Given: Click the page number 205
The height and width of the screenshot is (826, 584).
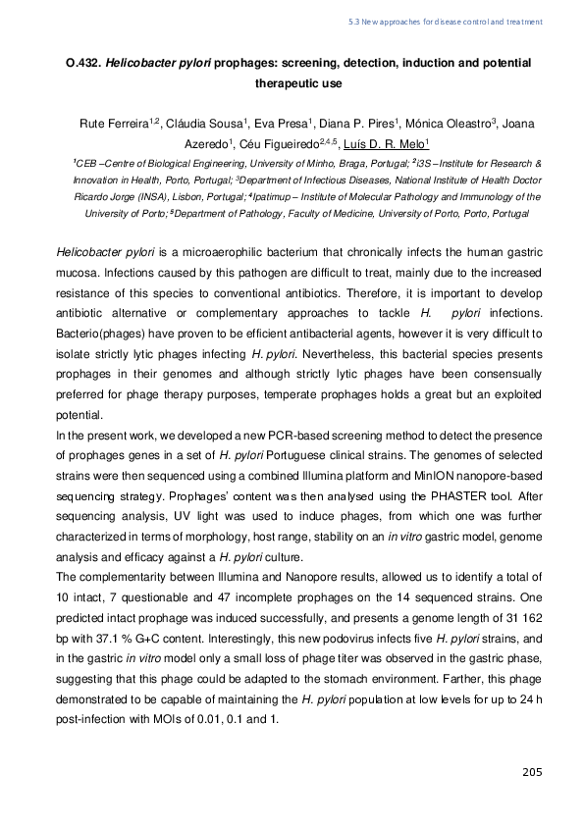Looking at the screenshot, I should pyautogui.click(x=531, y=773).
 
